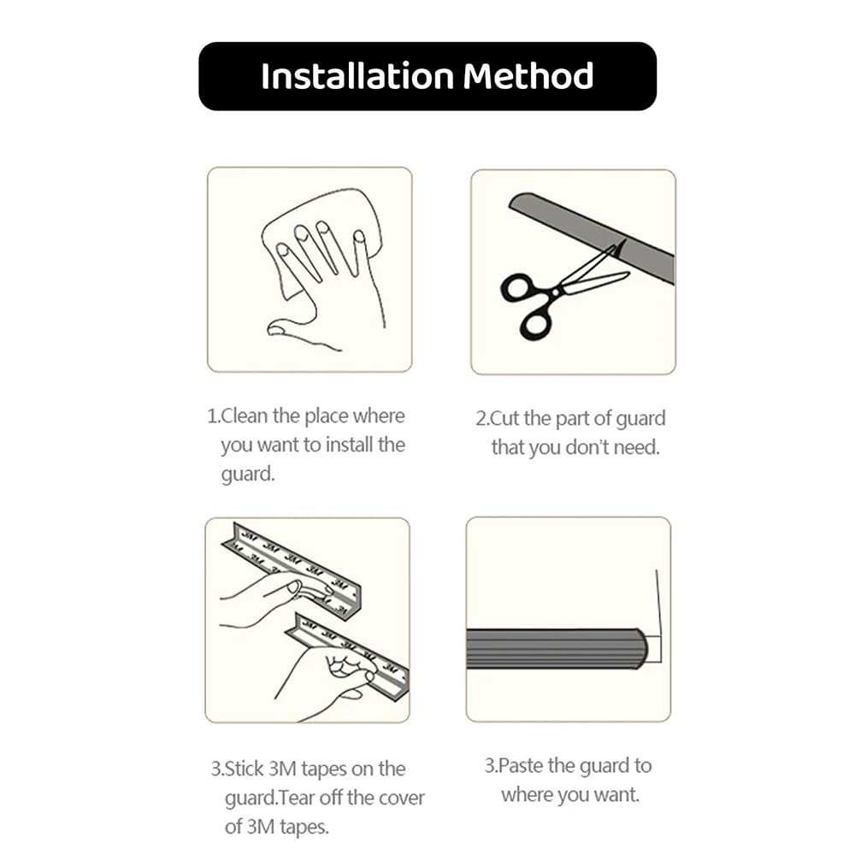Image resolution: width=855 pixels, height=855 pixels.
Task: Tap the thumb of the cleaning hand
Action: tap(286, 327)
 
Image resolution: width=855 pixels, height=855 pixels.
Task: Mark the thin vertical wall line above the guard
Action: tap(657, 598)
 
